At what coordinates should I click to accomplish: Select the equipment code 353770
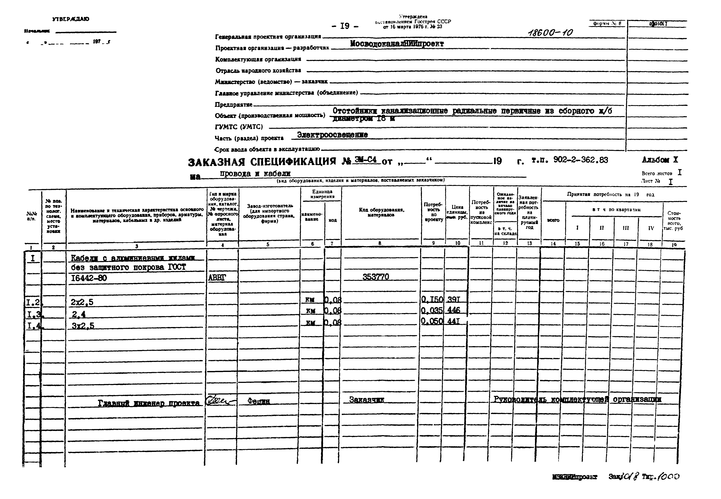pyautogui.click(x=376, y=277)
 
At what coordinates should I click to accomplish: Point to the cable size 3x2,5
pyautogui.click(x=83, y=326)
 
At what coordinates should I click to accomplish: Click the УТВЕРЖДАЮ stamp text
pyautogui.click(x=71, y=19)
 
